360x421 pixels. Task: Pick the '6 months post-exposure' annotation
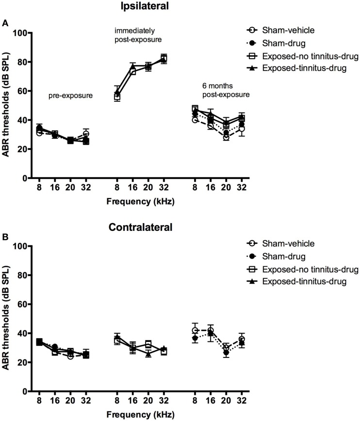click(219, 90)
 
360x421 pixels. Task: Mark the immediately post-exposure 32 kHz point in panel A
click(164, 59)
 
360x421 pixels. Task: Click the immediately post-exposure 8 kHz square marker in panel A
click(117, 97)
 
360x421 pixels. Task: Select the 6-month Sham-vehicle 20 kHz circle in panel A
click(226, 137)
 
